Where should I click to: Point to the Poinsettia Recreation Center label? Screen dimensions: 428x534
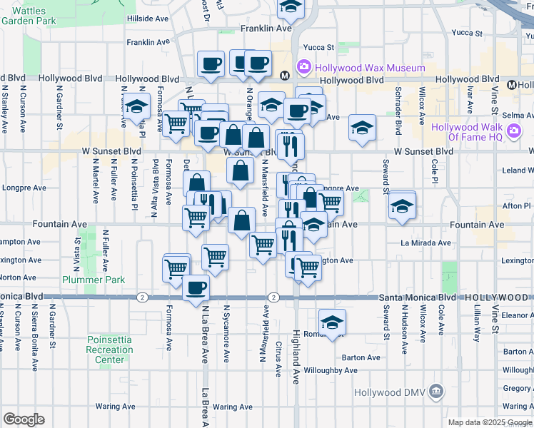[x=109, y=350]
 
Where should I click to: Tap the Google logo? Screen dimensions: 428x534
[x=24, y=419]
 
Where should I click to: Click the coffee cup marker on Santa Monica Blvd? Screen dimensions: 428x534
[x=196, y=288]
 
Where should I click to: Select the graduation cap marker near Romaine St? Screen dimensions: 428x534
[x=332, y=322]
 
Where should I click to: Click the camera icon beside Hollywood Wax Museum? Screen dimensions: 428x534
[x=304, y=68]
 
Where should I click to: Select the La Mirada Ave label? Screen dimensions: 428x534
[x=425, y=243]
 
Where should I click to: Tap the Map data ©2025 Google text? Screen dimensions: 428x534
[x=490, y=422]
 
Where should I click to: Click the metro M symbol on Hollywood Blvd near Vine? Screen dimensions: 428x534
[x=512, y=85]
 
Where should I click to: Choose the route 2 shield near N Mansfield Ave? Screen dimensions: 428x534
[x=273, y=297]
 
